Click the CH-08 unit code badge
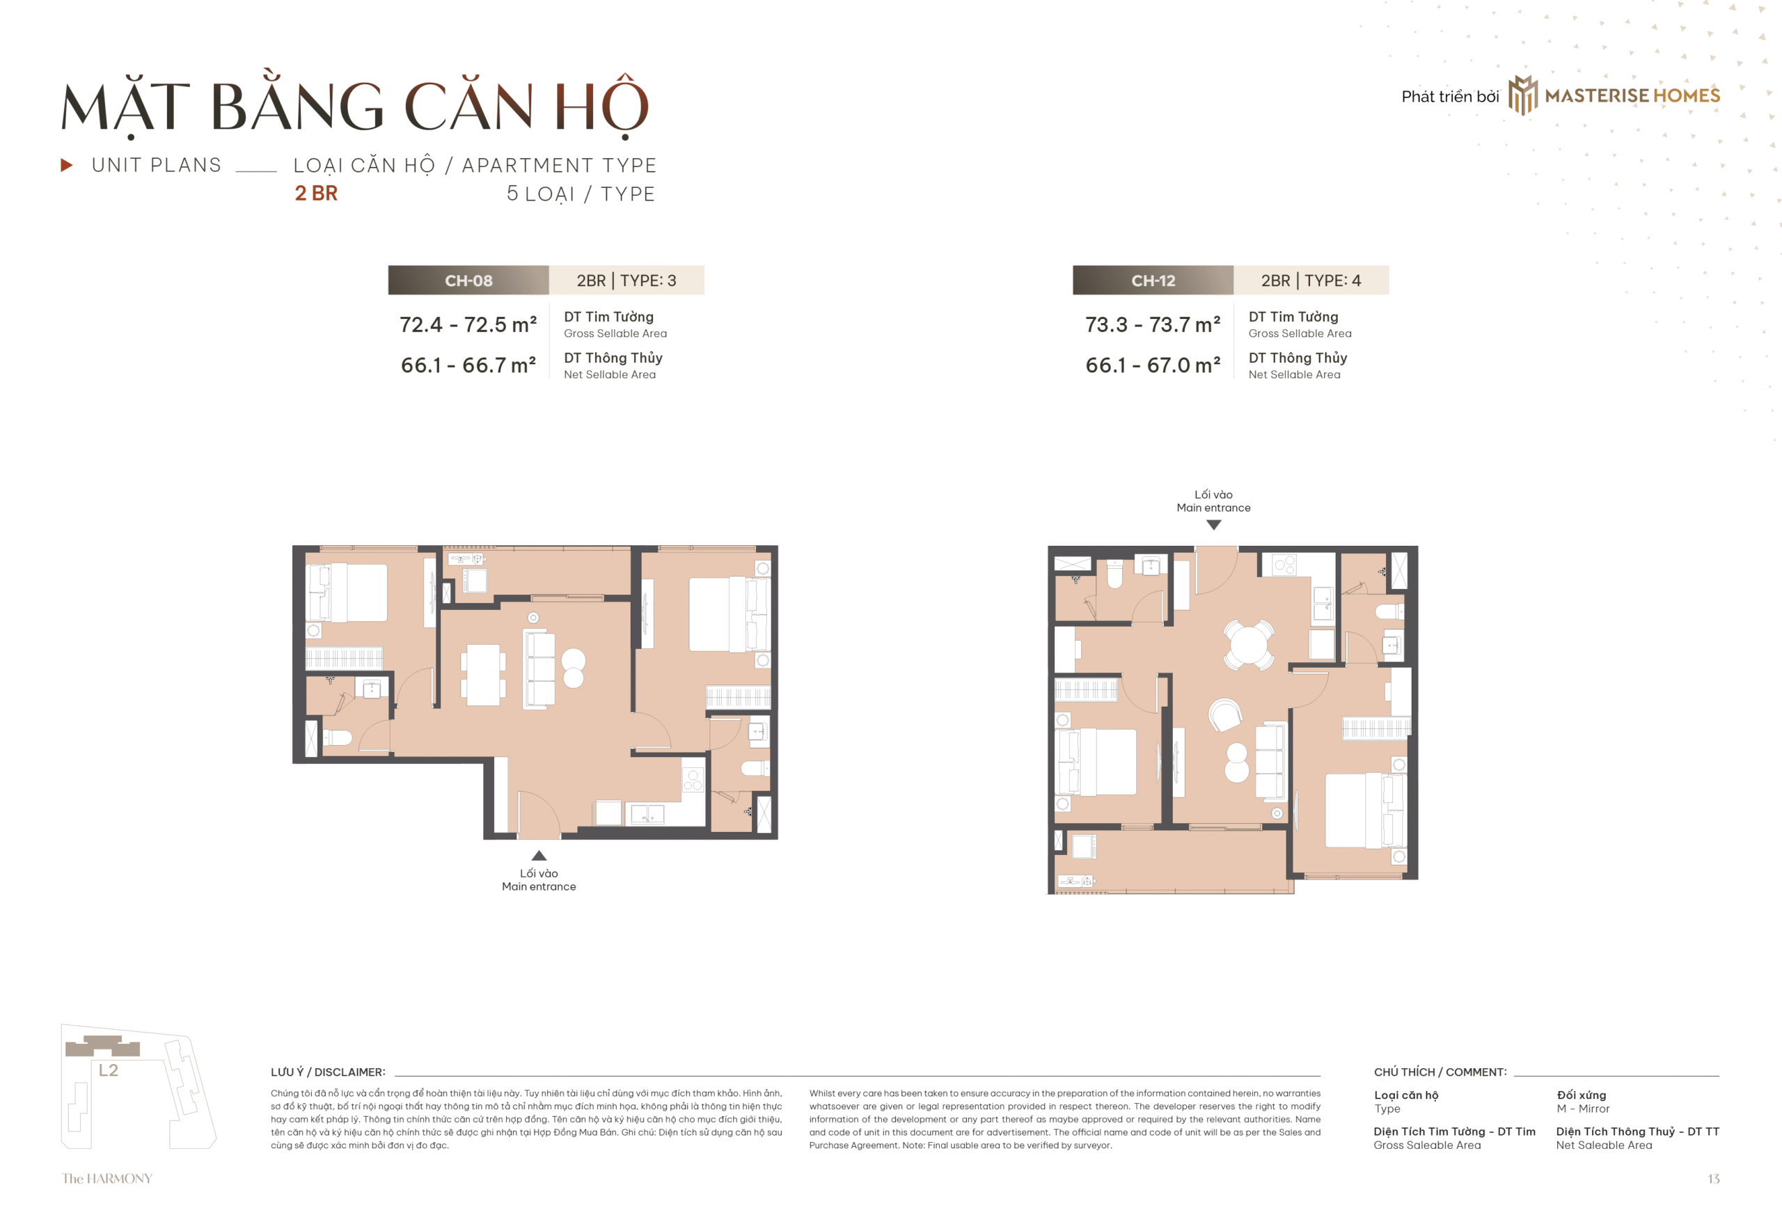468,281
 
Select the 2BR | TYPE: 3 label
626,281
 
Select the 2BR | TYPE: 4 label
1310,281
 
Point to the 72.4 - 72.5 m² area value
468,324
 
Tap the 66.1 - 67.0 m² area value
1152,365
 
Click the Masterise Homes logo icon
1522,95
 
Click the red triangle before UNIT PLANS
67,165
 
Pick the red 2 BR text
316,194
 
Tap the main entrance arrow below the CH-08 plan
539,856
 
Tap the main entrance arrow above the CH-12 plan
1213,525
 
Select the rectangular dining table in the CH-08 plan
483,675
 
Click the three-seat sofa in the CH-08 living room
539,668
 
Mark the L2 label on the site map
108,1070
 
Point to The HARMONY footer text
107,1178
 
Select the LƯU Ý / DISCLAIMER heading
328,1072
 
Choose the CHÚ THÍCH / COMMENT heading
1440,1072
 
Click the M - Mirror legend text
1583,1109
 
